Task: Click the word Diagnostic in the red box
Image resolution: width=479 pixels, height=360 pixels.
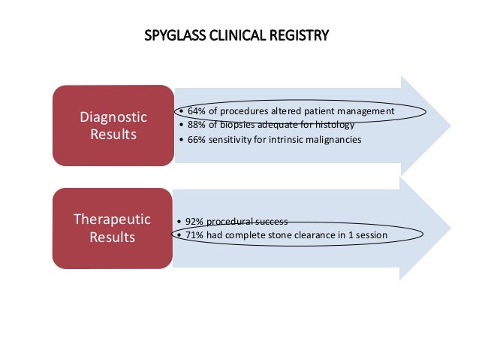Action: (113, 118)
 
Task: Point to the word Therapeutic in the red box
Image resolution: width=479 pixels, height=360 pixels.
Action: (112, 219)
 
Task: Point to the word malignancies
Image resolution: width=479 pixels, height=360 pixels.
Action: (333, 140)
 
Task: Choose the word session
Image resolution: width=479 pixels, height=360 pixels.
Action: (370, 236)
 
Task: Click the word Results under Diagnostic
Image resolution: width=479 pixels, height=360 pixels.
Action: (113, 135)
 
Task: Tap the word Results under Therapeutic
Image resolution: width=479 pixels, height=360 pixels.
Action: (112, 237)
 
